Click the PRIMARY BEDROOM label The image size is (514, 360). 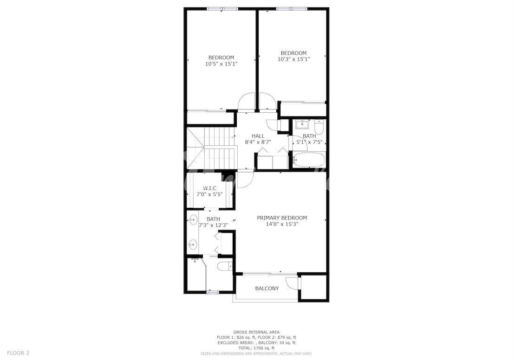point(282,218)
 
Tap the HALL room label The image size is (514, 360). point(258,136)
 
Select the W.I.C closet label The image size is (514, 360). point(209,188)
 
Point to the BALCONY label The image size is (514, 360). point(267,288)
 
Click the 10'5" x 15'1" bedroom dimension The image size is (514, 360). point(221,64)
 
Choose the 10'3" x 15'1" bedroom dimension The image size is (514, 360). point(294,59)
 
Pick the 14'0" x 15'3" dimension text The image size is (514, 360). point(282,224)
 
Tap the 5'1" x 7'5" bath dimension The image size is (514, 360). point(309,142)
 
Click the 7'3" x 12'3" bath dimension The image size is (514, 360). point(214,225)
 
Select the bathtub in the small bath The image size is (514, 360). point(308,160)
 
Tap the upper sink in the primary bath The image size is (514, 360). point(194,219)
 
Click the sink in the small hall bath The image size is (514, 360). point(302,125)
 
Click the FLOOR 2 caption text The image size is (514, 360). point(18,353)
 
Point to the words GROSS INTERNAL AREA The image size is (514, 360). point(256,332)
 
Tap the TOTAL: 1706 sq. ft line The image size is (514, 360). point(256,348)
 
